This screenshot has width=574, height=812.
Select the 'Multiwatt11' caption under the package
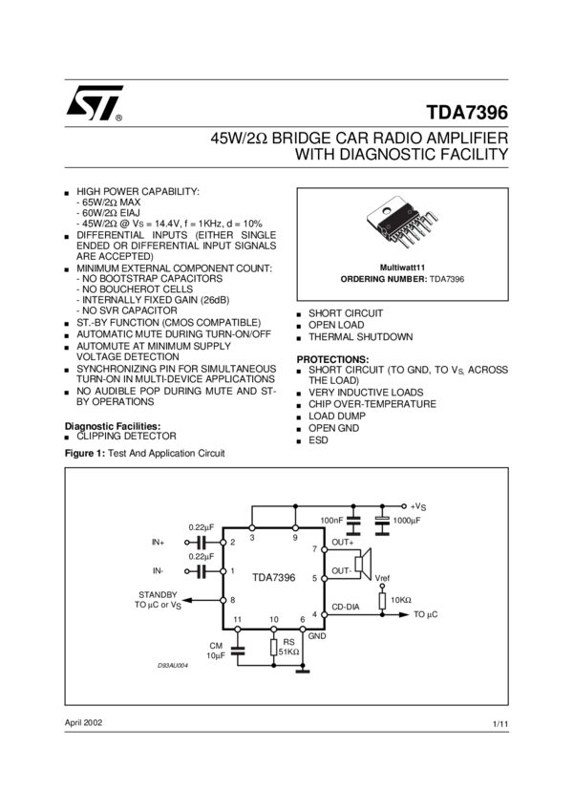click(x=402, y=267)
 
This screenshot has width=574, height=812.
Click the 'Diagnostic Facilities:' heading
click(x=112, y=425)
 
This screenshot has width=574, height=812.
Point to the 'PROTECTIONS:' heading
click(x=332, y=358)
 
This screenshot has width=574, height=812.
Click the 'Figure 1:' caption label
click(x=83, y=453)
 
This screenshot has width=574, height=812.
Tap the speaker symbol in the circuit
click(x=362, y=565)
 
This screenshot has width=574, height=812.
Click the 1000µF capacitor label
click(x=406, y=521)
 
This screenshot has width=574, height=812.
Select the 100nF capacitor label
click(x=331, y=521)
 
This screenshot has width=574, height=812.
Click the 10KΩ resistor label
click(x=401, y=600)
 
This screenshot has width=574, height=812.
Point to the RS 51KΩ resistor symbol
click(x=274, y=649)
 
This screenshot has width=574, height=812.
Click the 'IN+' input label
click(x=159, y=542)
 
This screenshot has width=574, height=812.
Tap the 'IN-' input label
click(x=158, y=570)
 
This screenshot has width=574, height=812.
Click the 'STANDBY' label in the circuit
click(x=159, y=593)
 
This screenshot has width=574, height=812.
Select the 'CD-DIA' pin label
click(x=346, y=606)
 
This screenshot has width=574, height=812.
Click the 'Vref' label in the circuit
click(x=382, y=578)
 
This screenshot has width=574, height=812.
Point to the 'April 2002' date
click(x=83, y=722)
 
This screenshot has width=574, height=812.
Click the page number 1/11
click(x=500, y=725)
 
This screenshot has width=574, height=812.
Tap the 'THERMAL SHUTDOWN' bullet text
click(x=360, y=337)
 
